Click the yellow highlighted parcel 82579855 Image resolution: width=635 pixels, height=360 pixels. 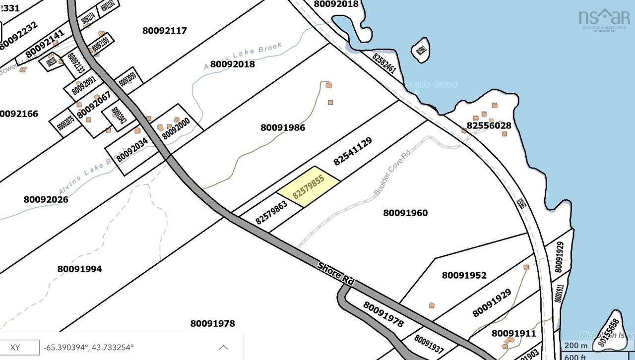click(308, 186)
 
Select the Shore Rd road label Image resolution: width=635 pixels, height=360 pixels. click(335, 273)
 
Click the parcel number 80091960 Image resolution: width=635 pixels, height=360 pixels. click(405, 213)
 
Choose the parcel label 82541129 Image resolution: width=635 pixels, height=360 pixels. click(353, 151)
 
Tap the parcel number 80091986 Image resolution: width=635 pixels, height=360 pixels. click(283, 128)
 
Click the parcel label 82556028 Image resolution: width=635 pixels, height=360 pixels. click(489, 126)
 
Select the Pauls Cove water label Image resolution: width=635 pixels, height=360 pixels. click(431, 85)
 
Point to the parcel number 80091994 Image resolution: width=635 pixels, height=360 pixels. click(79, 269)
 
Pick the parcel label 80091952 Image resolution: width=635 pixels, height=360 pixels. click(464, 275)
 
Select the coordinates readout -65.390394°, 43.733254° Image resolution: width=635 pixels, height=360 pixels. click(89, 347)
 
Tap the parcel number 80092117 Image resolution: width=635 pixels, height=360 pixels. click(164, 31)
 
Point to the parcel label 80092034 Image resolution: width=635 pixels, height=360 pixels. click(132, 149)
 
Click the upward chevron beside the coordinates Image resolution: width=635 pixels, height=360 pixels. click(223, 347)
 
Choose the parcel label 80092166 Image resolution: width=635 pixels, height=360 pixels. click(18, 114)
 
